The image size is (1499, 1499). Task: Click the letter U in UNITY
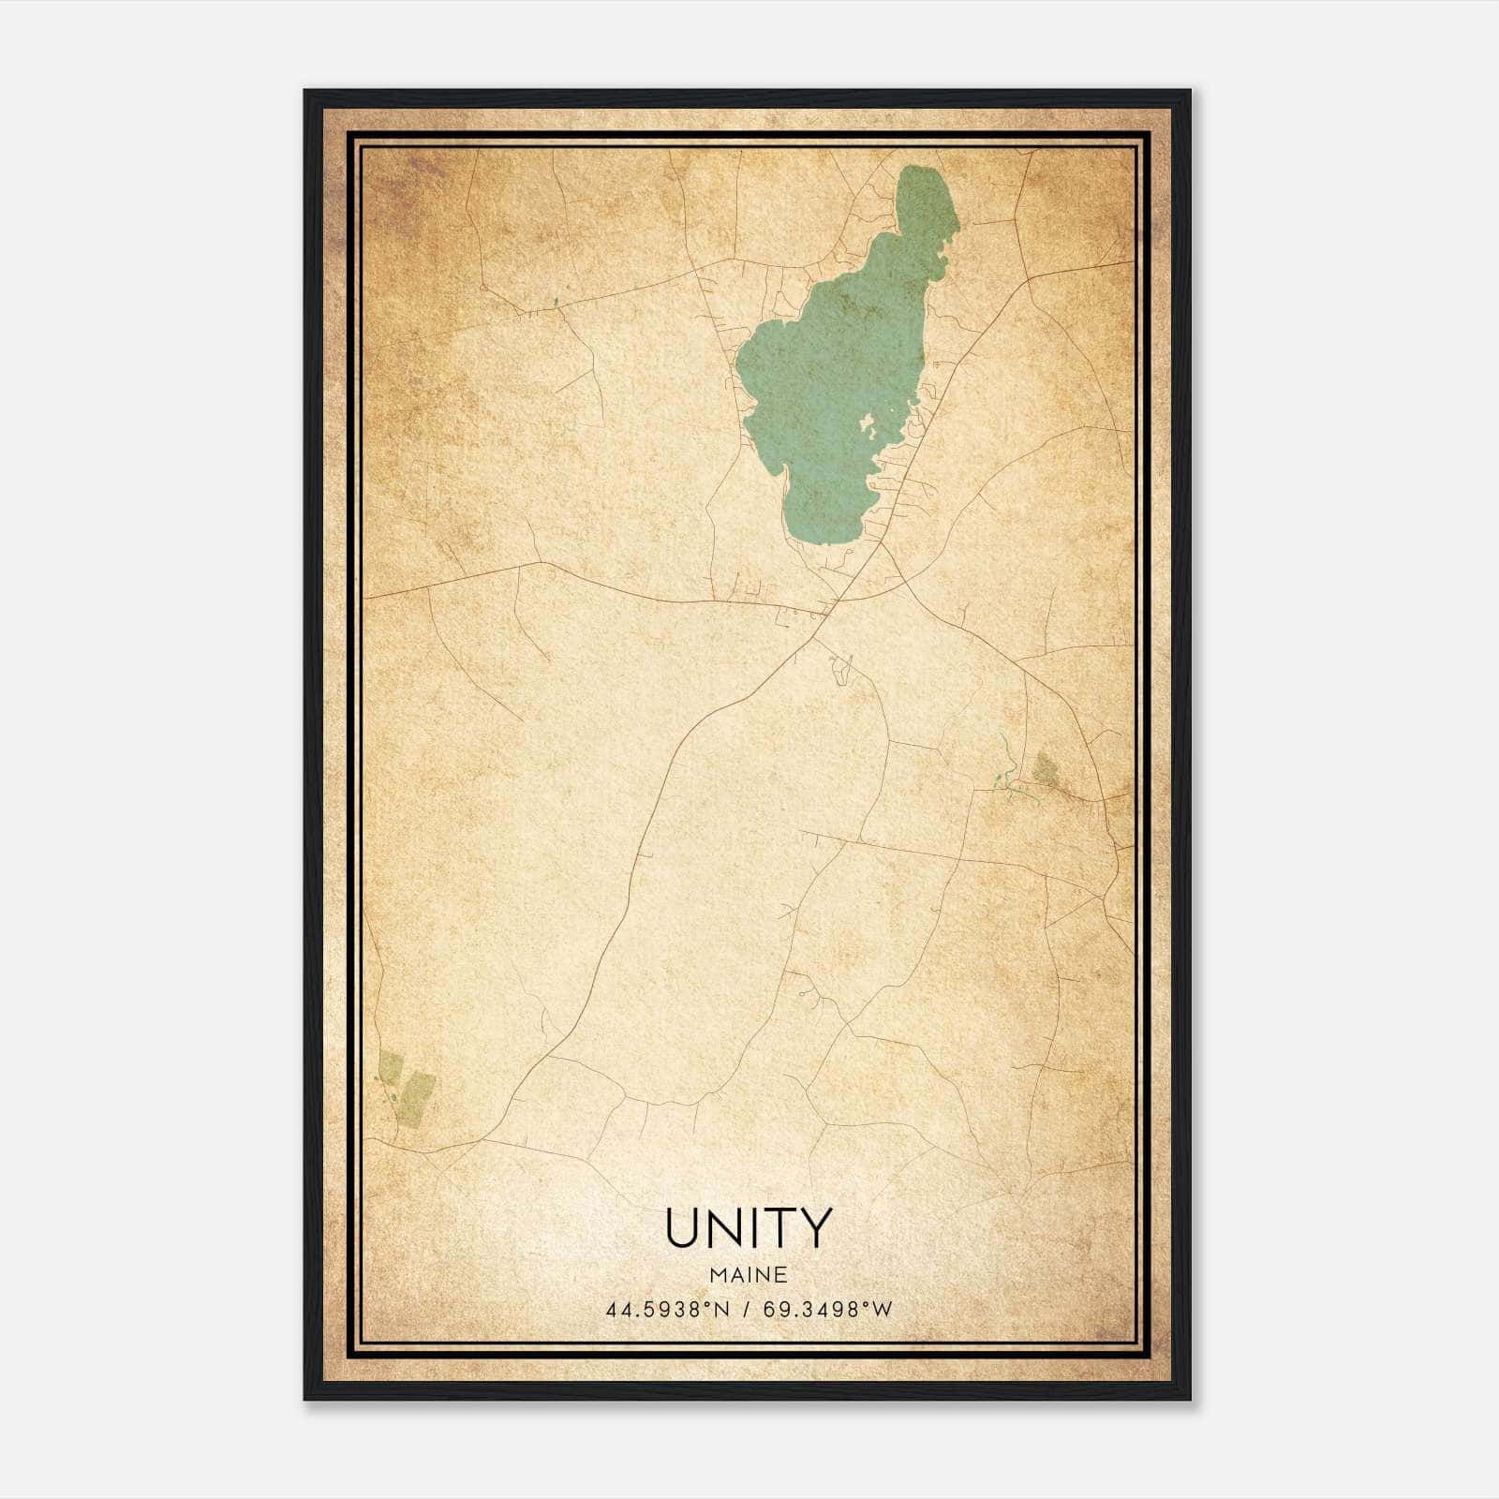685,1227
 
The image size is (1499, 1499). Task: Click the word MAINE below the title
749,1274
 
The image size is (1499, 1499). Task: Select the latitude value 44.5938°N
666,1310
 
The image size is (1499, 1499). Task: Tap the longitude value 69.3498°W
828,1310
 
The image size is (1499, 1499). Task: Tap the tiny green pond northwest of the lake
555,302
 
